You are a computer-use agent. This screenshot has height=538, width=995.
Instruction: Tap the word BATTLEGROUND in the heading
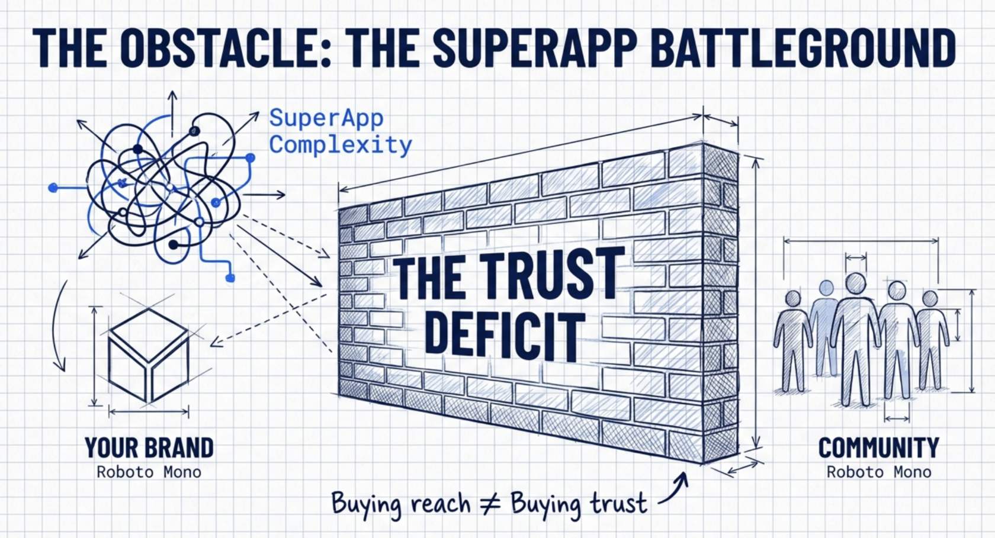pyautogui.click(x=803, y=47)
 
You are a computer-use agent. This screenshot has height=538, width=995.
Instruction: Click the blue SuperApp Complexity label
pyautogui.click(x=340, y=131)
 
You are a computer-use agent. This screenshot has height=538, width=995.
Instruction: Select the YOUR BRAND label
pyautogui.click(x=149, y=448)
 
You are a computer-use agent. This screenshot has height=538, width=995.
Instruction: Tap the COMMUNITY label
pyautogui.click(x=878, y=448)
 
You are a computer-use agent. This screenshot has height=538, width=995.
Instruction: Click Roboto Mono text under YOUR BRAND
pyautogui.click(x=149, y=472)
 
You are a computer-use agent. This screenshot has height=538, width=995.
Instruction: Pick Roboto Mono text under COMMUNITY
pyautogui.click(x=879, y=472)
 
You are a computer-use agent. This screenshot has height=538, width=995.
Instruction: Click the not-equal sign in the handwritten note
pyautogui.click(x=490, y=504)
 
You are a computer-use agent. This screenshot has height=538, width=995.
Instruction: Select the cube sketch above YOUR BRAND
pyautogui.click(x=149, y=355)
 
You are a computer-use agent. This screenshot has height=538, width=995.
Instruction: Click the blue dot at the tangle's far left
pyautogui.click(x=53, y=188)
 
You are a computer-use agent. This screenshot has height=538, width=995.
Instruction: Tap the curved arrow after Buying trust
pyautogui.click(x=675, y=489)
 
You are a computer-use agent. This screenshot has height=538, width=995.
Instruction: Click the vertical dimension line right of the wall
pyautogui.click(x=756, y=302)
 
